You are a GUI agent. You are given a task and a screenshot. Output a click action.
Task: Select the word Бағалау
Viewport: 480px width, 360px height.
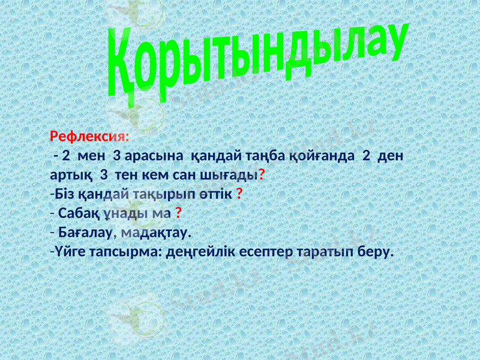86,232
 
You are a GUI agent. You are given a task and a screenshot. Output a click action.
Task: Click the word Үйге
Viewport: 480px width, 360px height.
68,251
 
